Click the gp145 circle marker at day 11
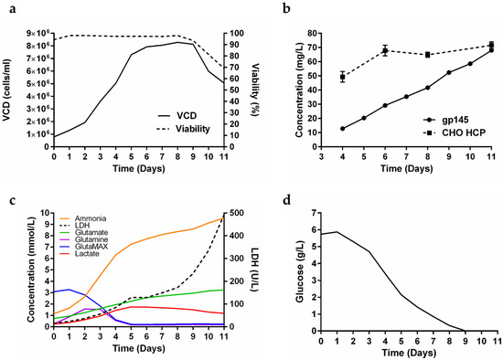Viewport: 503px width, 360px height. [491, 50]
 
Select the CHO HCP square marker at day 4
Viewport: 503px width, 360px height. [343, 78]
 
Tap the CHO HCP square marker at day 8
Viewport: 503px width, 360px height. [428, 55]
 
